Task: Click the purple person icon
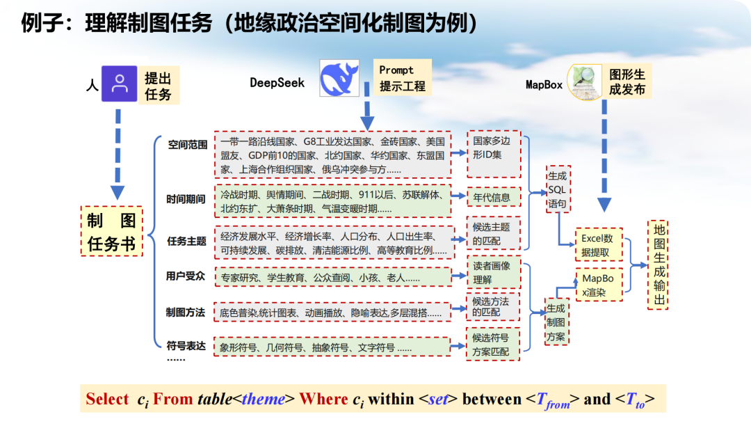coord(120,84)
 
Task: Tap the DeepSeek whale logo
coord(339,78)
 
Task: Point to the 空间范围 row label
coord(187,145)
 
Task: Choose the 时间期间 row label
coord(186,198)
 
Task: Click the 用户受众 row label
coord(186,276)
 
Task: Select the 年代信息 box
coord(492,197)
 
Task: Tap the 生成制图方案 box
coord(556,322)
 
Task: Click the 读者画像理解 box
coord(492,272)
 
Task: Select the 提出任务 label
coord(158,85)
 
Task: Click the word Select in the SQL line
coord(107,399)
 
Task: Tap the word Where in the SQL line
coord(323,399)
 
